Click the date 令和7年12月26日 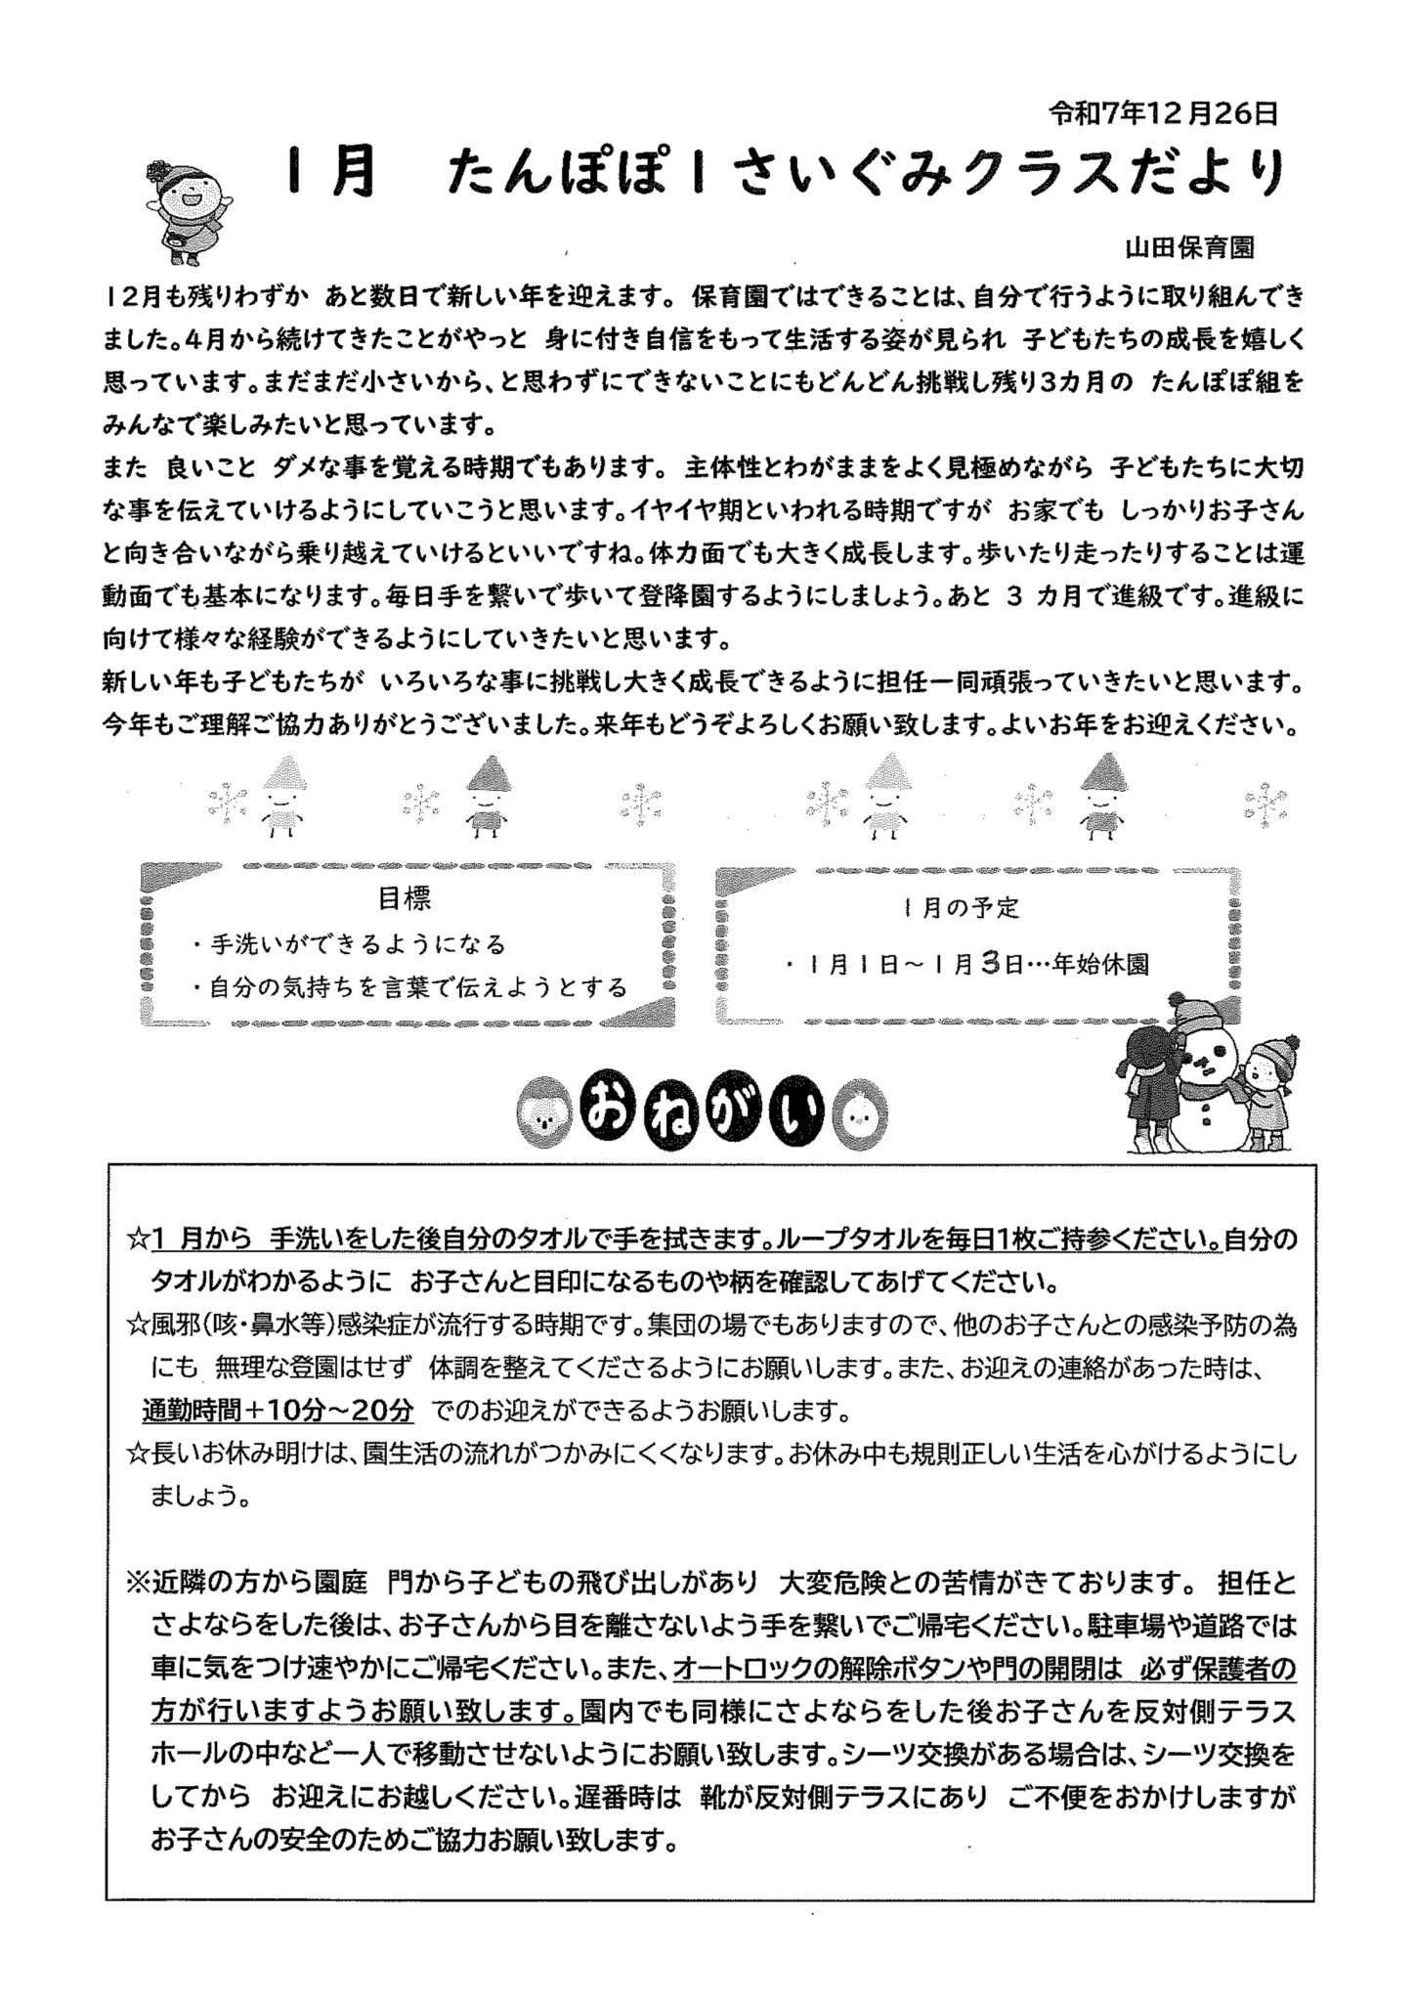tap(1162, 114)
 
